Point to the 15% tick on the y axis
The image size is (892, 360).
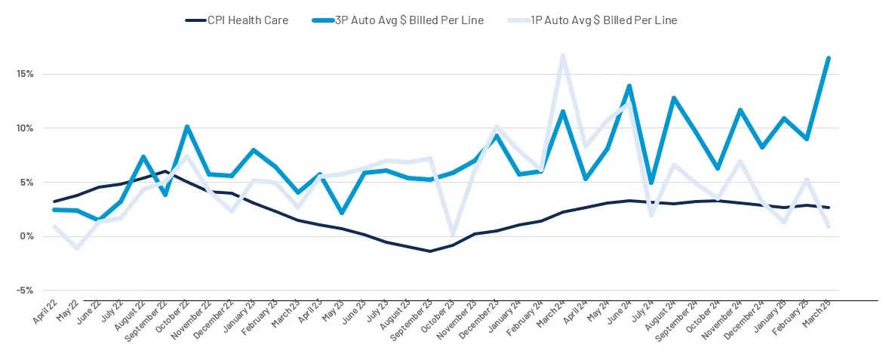click(26, 74)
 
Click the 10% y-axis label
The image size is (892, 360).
click(26, 128)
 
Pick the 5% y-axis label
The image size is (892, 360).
click(28, 183)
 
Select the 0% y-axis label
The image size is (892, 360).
click(28, 236)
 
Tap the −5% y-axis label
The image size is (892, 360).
click(26, 291)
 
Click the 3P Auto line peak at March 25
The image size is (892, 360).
click(829, 58)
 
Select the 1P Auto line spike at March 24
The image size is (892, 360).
click(563, 56)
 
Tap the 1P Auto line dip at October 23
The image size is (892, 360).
click(452, 235)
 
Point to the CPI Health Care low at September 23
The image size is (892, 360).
click(430, 251)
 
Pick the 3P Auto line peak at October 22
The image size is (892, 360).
click(186, 127)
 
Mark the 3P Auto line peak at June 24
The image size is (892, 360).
click(629, 86)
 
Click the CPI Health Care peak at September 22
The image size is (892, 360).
click(165, 171)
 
